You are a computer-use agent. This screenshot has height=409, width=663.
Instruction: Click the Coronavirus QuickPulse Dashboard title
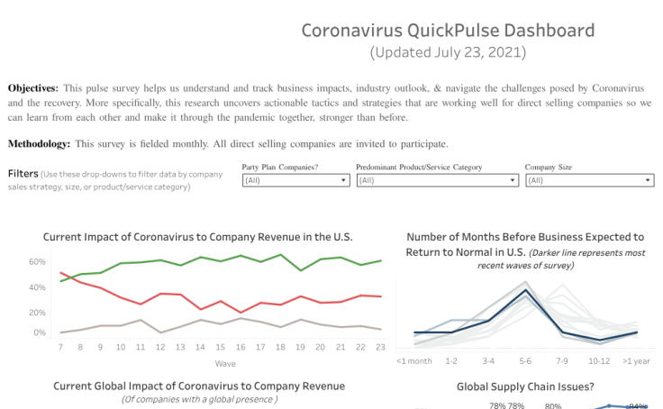click(x=447, y=31)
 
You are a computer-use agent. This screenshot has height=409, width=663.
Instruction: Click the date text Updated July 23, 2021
click(x=447, y=52)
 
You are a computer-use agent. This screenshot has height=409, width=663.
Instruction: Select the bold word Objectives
click(x=32, y=88)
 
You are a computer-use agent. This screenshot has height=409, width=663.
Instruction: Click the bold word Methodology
click(x=39, y=144)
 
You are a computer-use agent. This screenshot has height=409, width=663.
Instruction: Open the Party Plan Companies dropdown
click(x=295, y=180)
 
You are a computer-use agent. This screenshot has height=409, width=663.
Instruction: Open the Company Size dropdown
click(x=589, y=180)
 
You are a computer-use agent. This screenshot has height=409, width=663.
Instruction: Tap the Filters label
click(x=23, y=173)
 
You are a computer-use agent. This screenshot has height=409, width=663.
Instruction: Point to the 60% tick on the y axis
click(x=37, y=262)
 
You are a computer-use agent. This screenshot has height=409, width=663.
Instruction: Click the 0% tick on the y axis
click(x=39, y=332)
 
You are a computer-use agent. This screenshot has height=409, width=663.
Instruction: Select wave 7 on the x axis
click(x=60, y=347)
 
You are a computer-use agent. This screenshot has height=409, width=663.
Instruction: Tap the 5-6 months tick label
click(x=524, y=360)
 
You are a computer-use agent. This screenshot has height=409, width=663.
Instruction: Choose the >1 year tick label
click(x=638, y=360)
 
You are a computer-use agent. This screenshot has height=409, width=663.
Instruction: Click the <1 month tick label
click(x=413, y=360)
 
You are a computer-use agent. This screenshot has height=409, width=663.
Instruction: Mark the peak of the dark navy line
click(x=525, y=291)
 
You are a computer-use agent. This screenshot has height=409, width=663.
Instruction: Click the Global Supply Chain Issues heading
click(x=524, y=386)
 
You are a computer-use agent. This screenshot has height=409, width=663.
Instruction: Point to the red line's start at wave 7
click(x=60, y=273)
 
